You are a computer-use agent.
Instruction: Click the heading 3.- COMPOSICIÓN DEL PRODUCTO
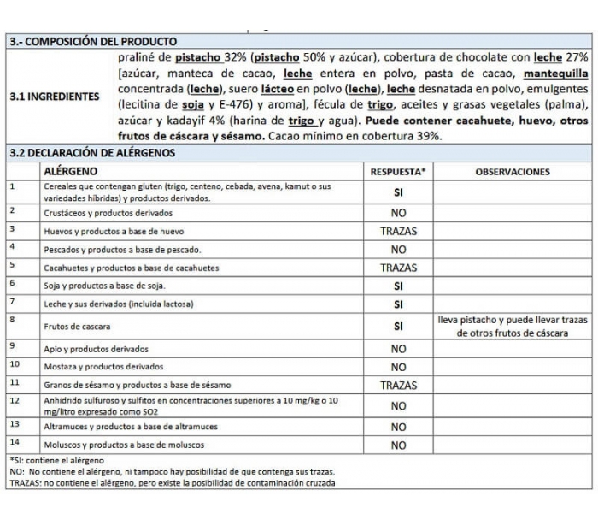pos(93,41)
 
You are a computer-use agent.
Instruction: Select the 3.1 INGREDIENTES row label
pos(54,97)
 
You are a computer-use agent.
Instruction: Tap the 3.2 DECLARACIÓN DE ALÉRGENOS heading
pos(92,153)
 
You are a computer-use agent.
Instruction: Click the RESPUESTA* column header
pos(398,171)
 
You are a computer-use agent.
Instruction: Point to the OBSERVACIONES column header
pos(512,171)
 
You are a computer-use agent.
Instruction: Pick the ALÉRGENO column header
pos(76,171)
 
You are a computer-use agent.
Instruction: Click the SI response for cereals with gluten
pos(398,192)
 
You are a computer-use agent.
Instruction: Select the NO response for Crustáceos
pos(398,212)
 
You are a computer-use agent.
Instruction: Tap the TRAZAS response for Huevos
pos(398,231)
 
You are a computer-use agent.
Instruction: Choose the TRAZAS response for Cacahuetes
pos(398,268)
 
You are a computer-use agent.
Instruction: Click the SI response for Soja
pos(398,286)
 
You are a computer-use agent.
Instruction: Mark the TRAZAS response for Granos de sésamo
pos(398,386)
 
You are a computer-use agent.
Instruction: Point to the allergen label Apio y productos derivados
pos(96,349)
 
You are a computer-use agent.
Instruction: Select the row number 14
pos(14,442)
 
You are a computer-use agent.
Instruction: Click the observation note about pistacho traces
pos(512,327)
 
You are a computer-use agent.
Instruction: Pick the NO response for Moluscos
pos(398,445)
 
